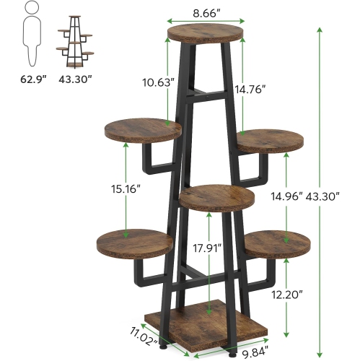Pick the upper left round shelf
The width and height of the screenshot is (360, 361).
(142, 131)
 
